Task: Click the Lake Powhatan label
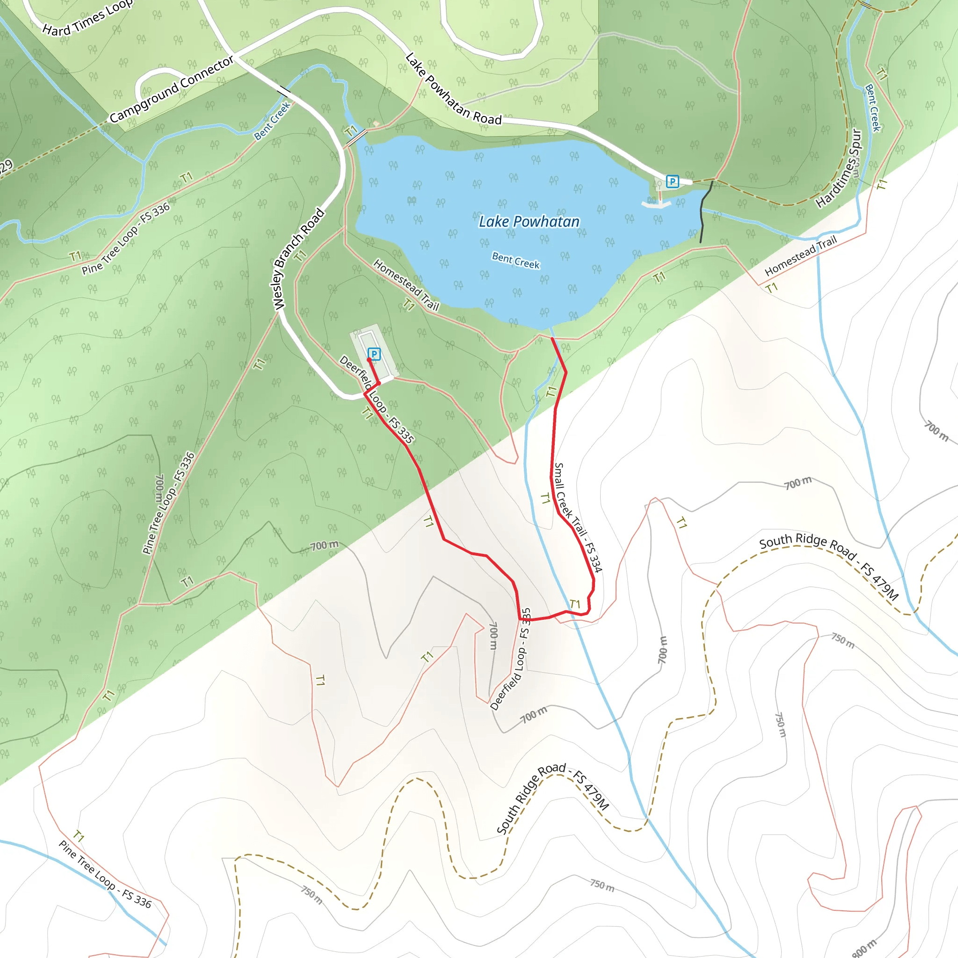[529, 222]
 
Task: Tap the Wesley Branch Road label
[299, 260]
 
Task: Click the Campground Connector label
[172, 90]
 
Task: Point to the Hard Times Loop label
[87, 18]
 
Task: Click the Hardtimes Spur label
[840, 168]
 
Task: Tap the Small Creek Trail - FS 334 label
[578, 517]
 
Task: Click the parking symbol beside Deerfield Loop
[374, 354]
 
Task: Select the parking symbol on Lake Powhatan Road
[672, 181]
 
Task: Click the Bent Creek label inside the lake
[515, 261]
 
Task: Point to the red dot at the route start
[369, 360]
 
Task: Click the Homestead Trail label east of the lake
[800, 256]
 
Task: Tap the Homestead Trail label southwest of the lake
[406, 284]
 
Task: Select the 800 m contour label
[864, 948]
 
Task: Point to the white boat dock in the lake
[656, 204]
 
